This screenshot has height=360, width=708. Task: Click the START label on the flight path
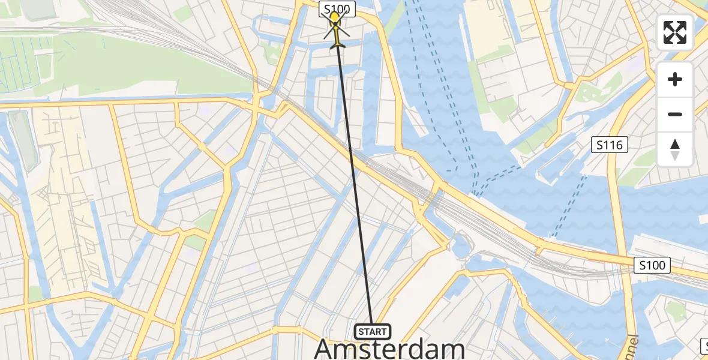click(x=372, y=331)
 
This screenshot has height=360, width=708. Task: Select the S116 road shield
click(x=609, y=145)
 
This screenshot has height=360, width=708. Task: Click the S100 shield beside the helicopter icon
click(x=338, y=8)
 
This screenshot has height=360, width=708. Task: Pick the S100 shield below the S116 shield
click(x=652, y=265)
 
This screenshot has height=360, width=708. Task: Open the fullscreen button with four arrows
click(x=675, y=32)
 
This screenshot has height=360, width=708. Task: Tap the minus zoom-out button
click(x=675, y=114)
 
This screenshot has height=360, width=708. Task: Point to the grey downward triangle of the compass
click(x=675, y=156)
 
